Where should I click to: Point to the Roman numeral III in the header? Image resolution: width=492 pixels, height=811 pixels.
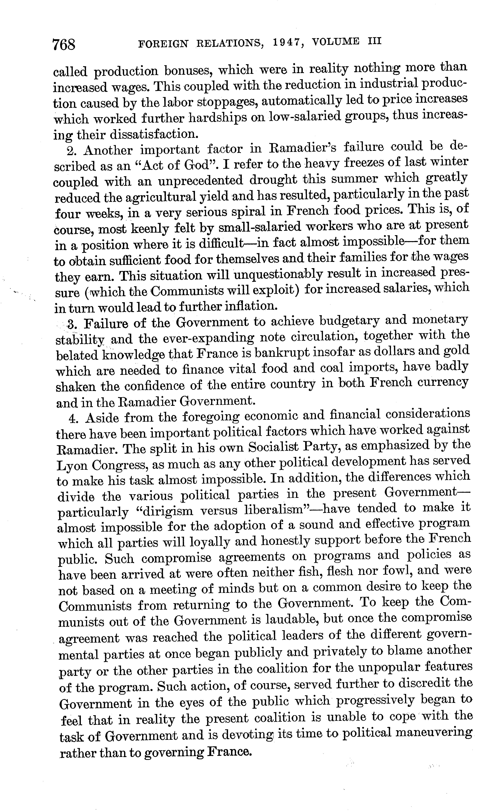tap(373, 41)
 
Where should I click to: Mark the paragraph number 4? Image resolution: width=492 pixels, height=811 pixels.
tap(73, 418)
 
